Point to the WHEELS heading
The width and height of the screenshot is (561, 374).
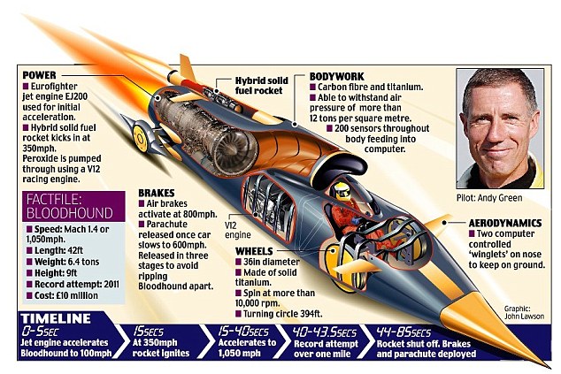256,249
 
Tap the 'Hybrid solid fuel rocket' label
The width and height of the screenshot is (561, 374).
257,85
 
